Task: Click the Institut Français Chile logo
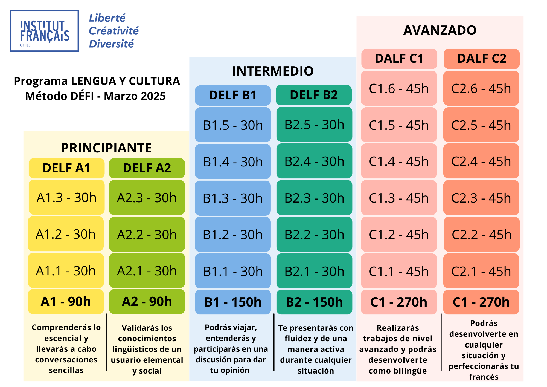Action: [x=44, y=31]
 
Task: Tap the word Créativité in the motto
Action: [x=114, y=31]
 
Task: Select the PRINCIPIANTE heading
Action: [x=106, y=148]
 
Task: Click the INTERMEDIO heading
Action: [x=273, y=71]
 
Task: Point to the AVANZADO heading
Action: [x=440, y=30]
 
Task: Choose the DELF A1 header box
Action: [x=66, y=168]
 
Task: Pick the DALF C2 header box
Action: [x=482, y=59]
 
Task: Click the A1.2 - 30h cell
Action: [x=66, y=234]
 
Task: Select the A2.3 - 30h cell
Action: [x=147, y=198]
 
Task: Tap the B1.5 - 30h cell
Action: [x=233, y=125]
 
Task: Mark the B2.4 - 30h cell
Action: [x=314, y=161]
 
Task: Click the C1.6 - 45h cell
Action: [x=399, y=88]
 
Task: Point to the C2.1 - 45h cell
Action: [x=481, y=271]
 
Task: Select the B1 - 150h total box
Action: [x=233, y=302]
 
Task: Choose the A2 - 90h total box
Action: [x=147, y=302]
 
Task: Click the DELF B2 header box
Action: [x=314, y=95]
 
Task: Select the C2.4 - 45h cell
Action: [x=481, y=161]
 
